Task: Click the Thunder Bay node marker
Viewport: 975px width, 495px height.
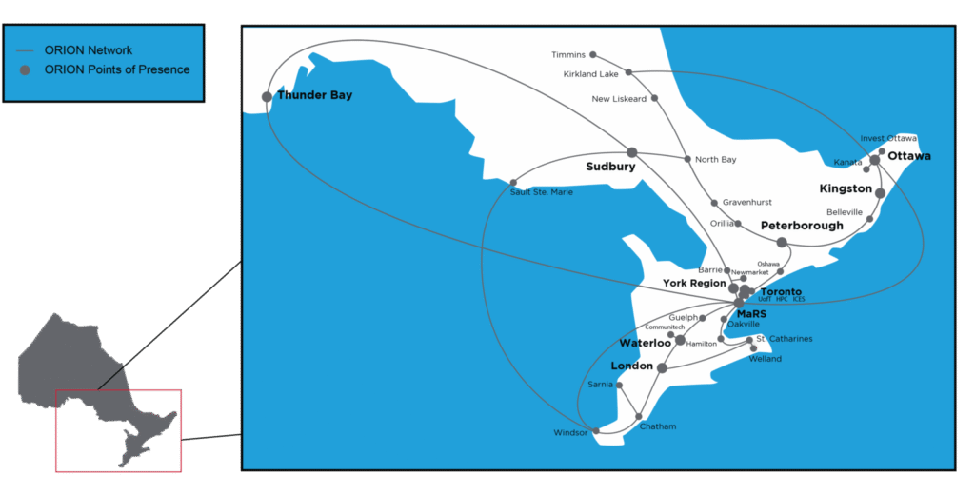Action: point(267,96)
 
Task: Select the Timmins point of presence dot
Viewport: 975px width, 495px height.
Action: point(593,55)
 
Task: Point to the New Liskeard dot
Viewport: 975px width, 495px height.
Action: point(654,98)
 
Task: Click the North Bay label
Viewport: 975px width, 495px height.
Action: point(715,160)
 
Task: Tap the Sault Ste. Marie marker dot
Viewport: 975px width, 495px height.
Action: point(513,182)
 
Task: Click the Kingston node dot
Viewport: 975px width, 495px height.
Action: point(880,193)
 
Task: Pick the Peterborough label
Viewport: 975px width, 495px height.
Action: point(802,226)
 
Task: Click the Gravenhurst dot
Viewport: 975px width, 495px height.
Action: point(714,203)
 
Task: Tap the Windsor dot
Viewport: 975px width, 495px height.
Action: point(596,430)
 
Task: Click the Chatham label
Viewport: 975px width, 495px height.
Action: point(658,426)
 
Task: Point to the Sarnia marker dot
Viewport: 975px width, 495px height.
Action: point(620,386)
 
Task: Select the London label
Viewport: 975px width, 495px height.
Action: point(631,366)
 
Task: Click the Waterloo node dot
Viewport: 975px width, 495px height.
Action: point(680,340)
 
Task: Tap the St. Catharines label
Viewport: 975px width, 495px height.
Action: point(784,339)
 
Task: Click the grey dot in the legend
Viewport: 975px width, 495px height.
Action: point(25,69)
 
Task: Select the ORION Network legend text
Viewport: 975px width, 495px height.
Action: point(88,50)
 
